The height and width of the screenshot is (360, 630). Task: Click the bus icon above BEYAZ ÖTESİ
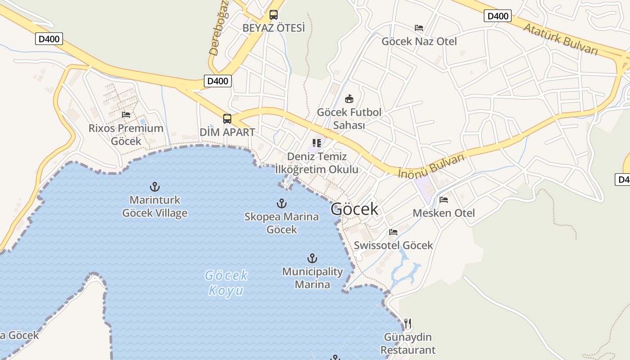pos(273,15)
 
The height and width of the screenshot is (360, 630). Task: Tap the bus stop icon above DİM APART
pos(227,119)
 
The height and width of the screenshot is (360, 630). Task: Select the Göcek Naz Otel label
pos(419,41)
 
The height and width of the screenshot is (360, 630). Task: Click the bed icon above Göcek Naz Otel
pos(419,28)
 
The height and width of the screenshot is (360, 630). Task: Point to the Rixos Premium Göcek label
pos(126,135)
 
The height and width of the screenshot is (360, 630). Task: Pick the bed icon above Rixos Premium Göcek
pos(126,115)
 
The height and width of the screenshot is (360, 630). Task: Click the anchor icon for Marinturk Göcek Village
pos(155,187)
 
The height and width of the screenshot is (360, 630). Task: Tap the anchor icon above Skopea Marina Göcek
pos(282,203)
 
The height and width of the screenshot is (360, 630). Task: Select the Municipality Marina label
pos(312,278)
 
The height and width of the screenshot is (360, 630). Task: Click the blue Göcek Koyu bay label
pos(226,283)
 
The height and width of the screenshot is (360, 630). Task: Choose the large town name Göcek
pos(354,209)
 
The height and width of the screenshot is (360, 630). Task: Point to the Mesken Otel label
pos(444,213)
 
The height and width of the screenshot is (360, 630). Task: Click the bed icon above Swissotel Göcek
pos(393,232)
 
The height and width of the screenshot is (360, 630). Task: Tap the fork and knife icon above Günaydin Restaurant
pos(408,324)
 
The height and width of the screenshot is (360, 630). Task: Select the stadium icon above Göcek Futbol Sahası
pos(349,99)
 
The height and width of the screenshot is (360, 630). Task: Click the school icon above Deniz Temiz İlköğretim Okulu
pos(317,143)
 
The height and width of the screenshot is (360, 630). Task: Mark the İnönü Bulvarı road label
pos(431,166)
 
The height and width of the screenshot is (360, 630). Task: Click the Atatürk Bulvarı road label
pos(560,39)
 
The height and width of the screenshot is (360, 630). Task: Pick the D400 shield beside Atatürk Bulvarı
pos(498,16)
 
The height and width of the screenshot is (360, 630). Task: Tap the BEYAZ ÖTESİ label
pos(274,28)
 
